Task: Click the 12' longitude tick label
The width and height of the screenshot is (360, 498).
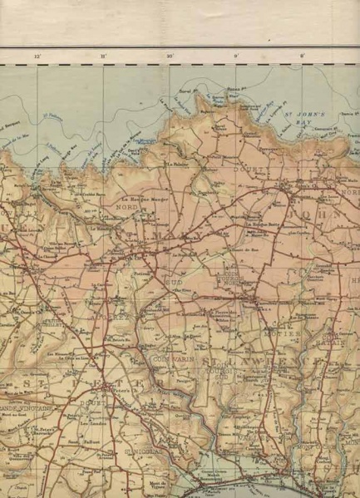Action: pyautogui.click(x=37, y=56)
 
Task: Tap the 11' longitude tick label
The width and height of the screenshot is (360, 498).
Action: pyautogui.click(x=103, y=56)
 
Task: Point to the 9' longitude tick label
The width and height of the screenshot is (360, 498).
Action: pyautogui.click(x=236, y=56)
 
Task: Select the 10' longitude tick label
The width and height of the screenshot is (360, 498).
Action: pyautogui.click(x=170, y=56)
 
